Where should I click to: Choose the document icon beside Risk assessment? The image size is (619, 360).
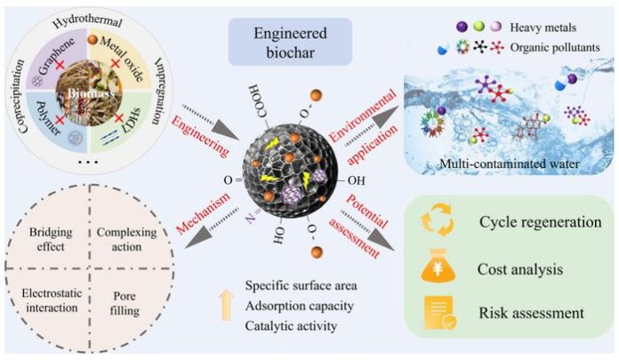pyautogui.click(x=442, y=313)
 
